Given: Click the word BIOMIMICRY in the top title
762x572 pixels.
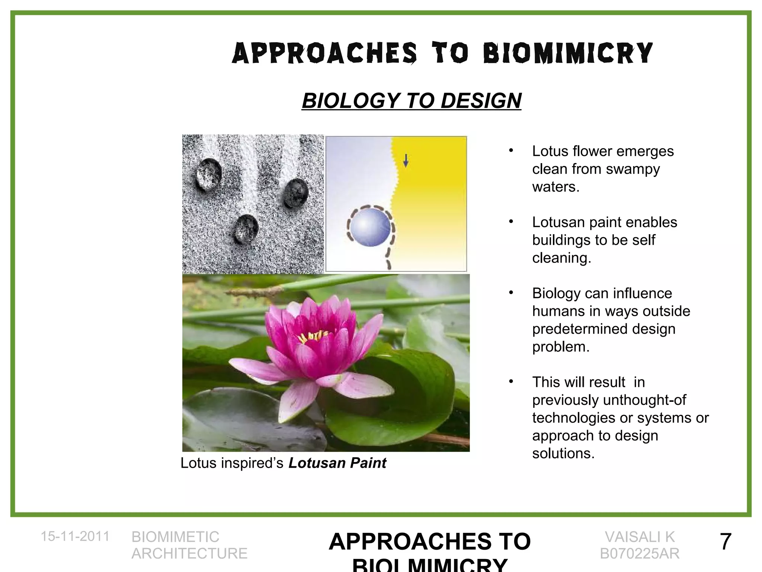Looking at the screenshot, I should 567,53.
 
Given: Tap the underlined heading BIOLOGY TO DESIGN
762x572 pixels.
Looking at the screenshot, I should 412,101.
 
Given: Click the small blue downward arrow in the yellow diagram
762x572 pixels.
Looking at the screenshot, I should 406,161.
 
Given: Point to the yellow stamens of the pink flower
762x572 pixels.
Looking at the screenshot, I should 313,336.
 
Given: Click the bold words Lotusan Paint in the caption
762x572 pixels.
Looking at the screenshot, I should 337,463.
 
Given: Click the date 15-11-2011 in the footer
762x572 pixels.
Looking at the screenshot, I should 75,536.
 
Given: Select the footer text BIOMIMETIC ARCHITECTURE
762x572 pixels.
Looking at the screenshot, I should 189,545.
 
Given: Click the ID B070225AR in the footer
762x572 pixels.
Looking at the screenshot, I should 640,554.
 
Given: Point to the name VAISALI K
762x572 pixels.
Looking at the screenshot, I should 640,537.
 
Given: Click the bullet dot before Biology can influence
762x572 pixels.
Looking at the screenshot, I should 511,293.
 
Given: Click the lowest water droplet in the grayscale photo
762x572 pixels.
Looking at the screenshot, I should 246,228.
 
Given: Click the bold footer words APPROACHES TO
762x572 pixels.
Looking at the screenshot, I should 430,541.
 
